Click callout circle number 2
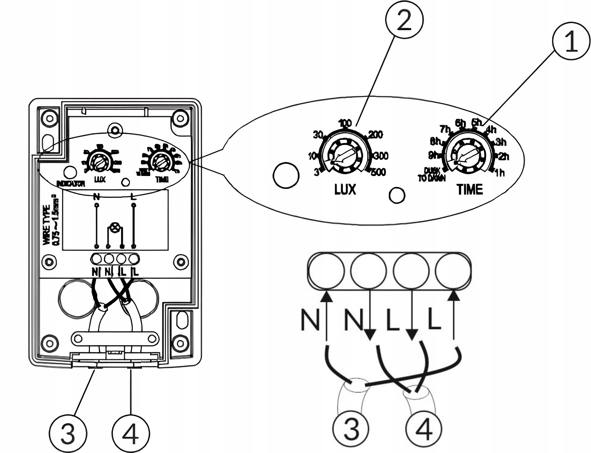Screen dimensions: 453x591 click(404, 20)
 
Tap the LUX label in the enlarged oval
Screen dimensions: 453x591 click(345, 189)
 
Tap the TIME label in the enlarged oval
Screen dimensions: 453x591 click(470, 189)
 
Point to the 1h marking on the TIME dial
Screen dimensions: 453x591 click(500, 173)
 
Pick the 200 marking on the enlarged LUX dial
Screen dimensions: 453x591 click(375, 135)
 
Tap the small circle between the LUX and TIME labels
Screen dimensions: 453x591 click(397, 195)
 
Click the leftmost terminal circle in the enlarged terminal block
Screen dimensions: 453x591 click(326, 271)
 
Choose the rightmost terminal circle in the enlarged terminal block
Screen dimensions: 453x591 click(453, 271)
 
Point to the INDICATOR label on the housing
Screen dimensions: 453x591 click(71, 184)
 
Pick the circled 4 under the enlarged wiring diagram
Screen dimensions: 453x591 click(424, 429)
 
